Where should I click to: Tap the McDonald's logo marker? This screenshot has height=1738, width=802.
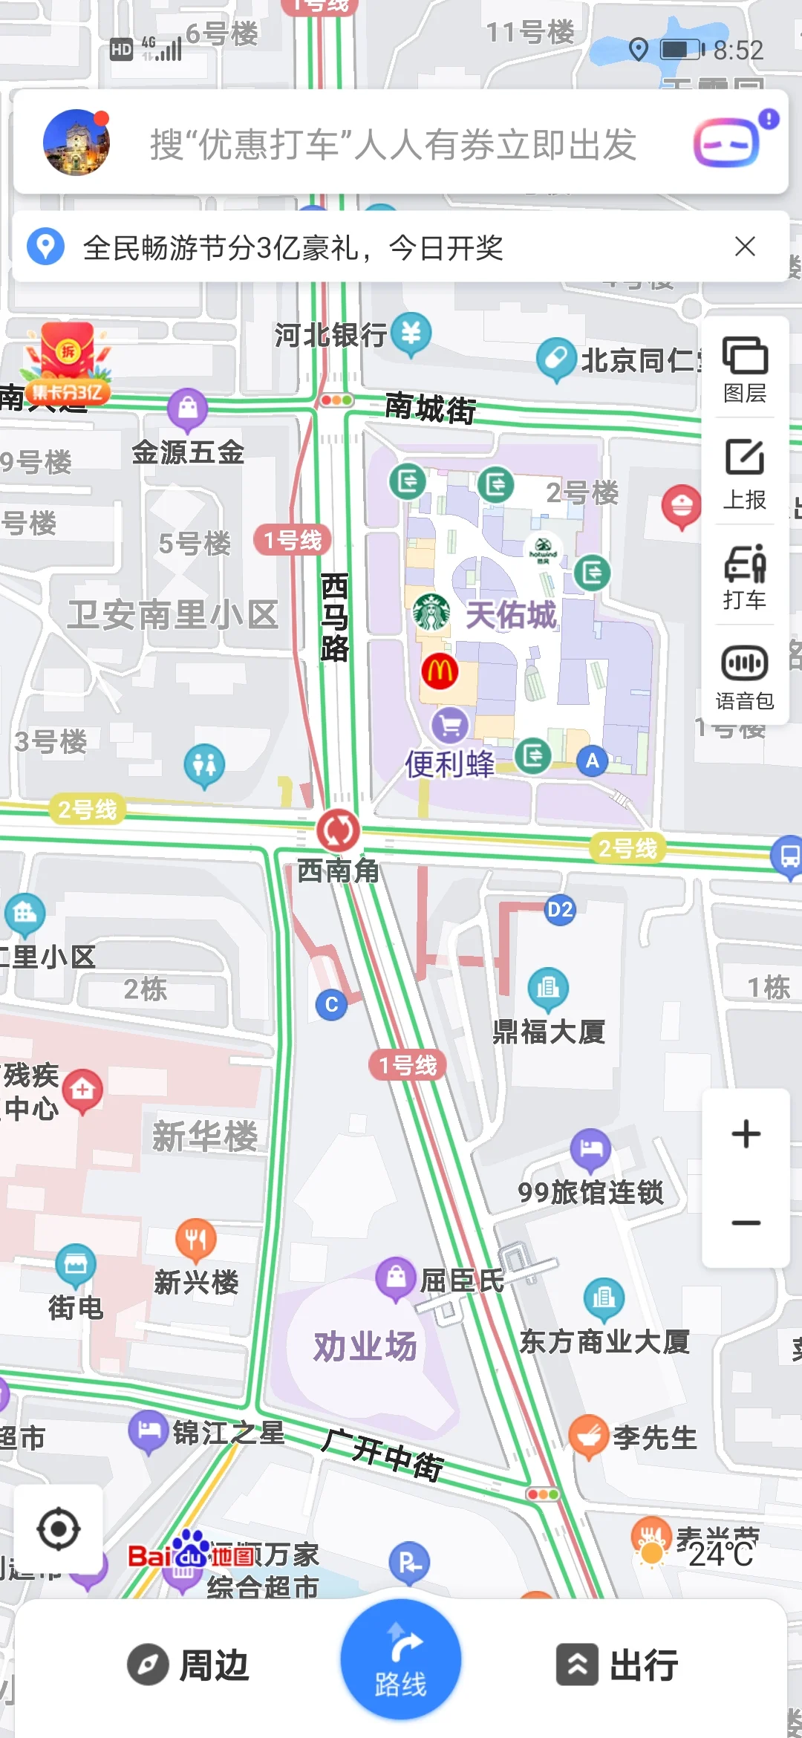[x=440, y=671]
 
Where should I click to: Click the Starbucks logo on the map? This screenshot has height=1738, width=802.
[x=431, y=613]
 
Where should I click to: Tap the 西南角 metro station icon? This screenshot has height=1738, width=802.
[x=339, y=830]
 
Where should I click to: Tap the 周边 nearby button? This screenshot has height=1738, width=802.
[x=189, y=1664]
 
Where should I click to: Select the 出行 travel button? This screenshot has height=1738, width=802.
[x=618, y=1664]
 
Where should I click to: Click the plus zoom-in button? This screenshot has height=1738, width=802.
[x=746, y=1134]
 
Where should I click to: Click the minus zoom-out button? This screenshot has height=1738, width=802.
[x=746, y=1223]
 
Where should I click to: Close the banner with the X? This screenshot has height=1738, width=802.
[x=745, y=247]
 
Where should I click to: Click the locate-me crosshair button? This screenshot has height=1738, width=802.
[x=59, y=1529]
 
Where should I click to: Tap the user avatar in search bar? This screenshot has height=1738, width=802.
[x=76, y=143]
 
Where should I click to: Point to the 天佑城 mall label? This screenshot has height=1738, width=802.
[x=511, y=615]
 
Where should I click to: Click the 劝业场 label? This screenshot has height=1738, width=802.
[x=365, y=1347]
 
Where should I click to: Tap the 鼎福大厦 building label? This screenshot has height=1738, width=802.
[x=549, y=1031]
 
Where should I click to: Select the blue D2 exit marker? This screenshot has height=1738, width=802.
[x=560, y=910]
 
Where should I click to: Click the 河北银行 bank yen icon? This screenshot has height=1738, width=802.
[x=411, y=333]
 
